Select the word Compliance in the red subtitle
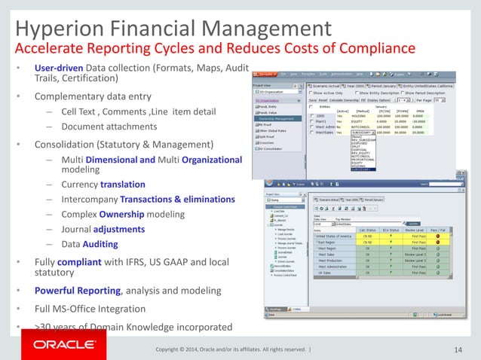372,50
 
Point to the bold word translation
146,185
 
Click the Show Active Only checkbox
311,92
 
